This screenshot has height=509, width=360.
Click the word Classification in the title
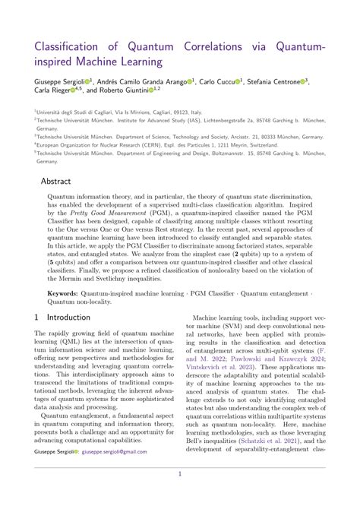(73, 48)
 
